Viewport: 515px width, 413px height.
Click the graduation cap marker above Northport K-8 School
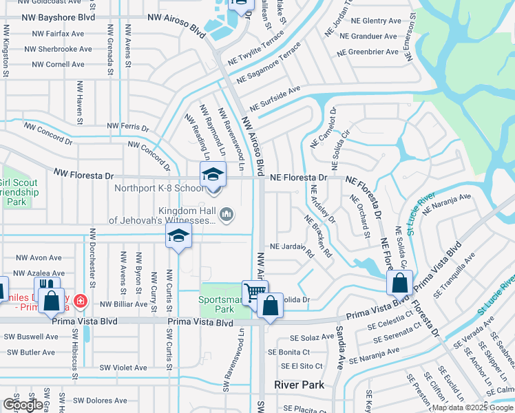(213, 173)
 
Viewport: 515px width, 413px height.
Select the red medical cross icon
(81, 301)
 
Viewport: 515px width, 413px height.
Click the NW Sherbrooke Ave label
(58, 50)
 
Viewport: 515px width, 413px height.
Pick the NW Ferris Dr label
(128, 127)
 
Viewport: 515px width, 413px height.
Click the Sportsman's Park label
(217, 305)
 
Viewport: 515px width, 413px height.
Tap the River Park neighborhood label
(299, 385)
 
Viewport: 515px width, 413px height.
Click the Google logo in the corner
(22, 405)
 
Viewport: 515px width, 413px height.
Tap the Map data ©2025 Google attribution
(472, 407)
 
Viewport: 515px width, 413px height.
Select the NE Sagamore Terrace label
(269, 67)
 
